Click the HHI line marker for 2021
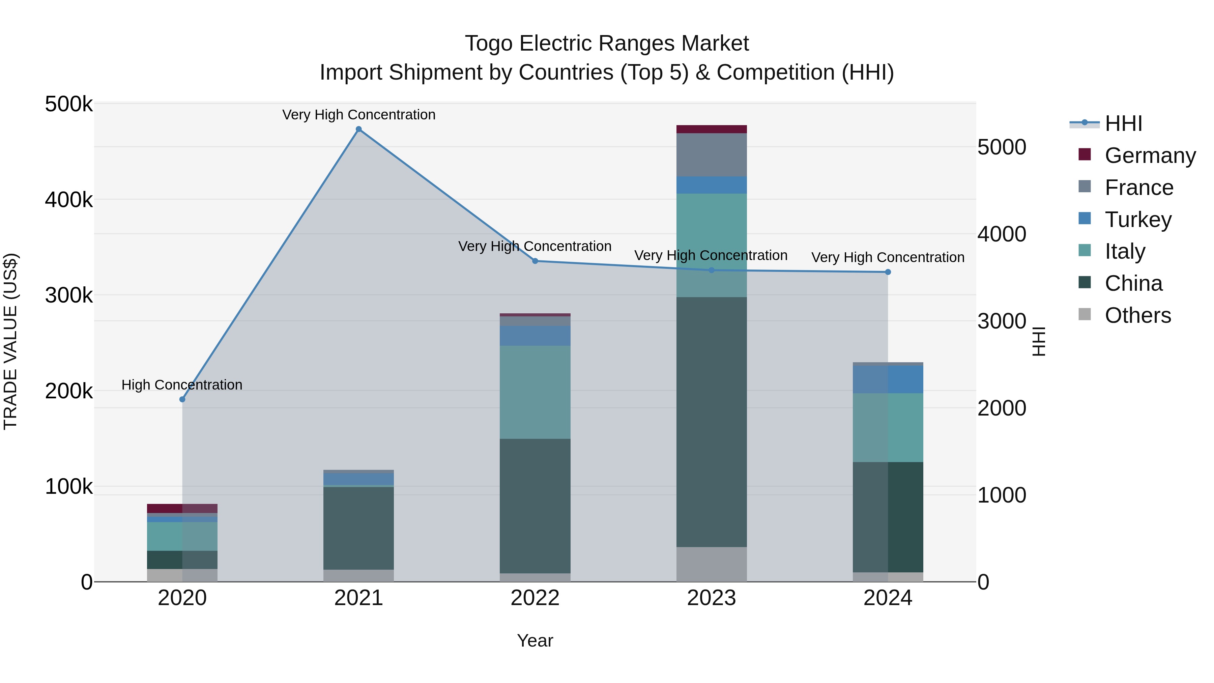pyautogui.click(x=359, y=129)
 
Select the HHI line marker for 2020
pyautogui.click(x=182, y=399)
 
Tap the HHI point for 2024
pyautogui.click(x=888, y=272)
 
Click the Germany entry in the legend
pyautogui.click(x=1150, y=155)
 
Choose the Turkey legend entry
pyautogui.click(x=1138, y=220)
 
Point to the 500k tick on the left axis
pyautogui.click(x=69, y=104)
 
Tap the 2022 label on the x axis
pyautogui.click(x=535, y=598)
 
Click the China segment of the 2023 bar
pyautogui.click(x=712, y=422)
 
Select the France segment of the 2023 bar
pyautogui.click(x=712, y=154)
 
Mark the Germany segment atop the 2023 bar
pyautogui.click(x=712, y=129)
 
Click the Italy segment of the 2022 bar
pyautogui.click(x=535, y=392)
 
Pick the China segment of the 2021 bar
pyautogui.click(x=359, y=528)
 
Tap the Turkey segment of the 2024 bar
pyautogui.click(x=888, y=379)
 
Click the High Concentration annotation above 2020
pyautogui.click(x=182, y=385)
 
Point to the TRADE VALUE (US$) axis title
pyautogui.click(x=10, y=341)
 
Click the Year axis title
pyautogui.click(x=535, y=641)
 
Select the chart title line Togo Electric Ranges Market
pyautogui.click(x=607, y=44)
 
